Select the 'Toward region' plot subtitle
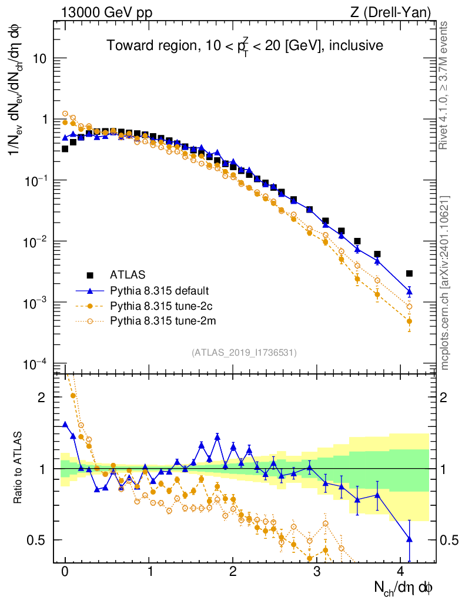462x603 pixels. (x=245, y=45)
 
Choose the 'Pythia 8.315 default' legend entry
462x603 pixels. (x=159, y=290)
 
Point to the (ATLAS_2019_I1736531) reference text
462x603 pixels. (x=244, y=353)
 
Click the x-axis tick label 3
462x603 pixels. (x=317, y=571)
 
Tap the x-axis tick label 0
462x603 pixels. (x=65, y=571)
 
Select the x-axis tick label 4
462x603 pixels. (x=401, y=571)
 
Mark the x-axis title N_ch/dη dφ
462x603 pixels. (x=404, y=587)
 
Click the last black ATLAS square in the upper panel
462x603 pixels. (x=409, y=273)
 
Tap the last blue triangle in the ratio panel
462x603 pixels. (x=409, y=539)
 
